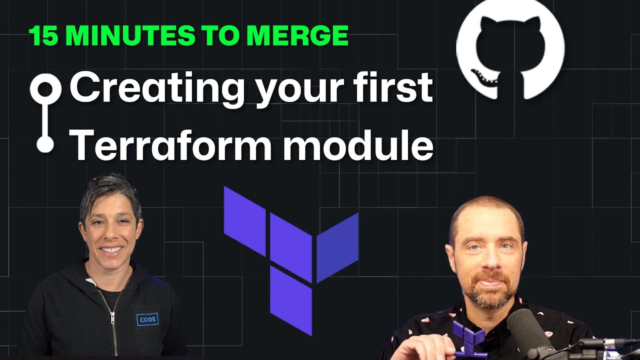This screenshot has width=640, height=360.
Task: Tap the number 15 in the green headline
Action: point(42,35)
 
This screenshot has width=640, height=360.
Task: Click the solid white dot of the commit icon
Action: point(45,144)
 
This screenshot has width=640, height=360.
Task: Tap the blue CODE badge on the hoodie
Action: point(147,319)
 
